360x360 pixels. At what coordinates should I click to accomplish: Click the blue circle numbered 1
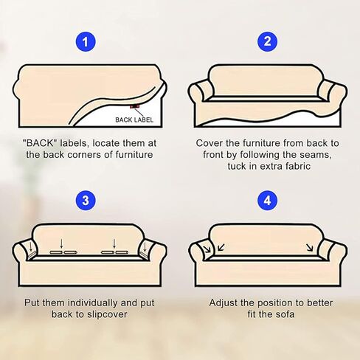click(x=86, y=41)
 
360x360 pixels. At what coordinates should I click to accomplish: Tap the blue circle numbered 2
click(x=267, y=41)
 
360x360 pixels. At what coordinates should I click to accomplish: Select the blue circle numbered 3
click(x=86, y=201)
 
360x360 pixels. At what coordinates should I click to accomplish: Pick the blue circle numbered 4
click(x=267, y=201)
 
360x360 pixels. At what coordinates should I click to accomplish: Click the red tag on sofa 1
click(x=134, y=106)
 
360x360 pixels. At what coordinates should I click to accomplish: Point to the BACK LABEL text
click(x=134, y=120)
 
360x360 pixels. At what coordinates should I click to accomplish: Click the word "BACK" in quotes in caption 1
click(x=40, y=143)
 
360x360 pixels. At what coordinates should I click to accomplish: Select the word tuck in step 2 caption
click(x=237, y=166)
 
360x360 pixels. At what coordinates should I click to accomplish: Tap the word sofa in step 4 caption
click(x=285, y=314)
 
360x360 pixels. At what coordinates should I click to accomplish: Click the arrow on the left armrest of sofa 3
click(x=31, y=247)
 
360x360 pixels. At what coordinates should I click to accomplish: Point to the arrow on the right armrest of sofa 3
click(x=145, y=247)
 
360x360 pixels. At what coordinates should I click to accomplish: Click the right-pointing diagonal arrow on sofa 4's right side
click(x=310, y=248)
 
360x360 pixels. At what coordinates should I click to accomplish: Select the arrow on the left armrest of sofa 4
click(x=207, y=249)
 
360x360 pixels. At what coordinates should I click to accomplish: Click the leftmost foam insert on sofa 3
click(x=56, y=252)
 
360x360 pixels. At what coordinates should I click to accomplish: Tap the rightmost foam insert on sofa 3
click(x=122, y=252)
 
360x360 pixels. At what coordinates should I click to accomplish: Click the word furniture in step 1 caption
click(x=134, y=155)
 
